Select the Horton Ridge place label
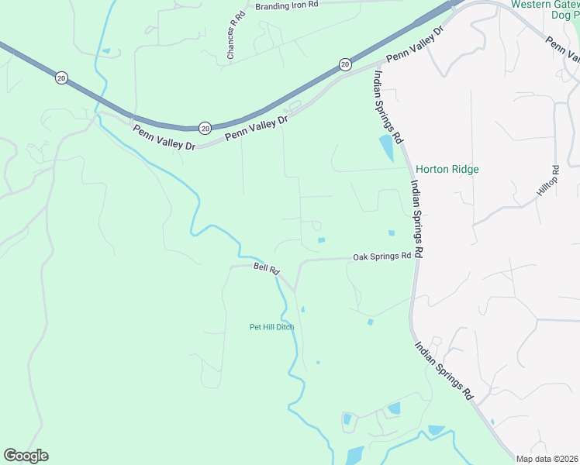pyautogui.click(x=447, y=169)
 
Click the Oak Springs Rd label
pyautogui.click(x=381, y=257)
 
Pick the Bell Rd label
pyautogui.click(x=266, y=267)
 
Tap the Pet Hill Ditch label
pyautogui.click(x=271, y=327)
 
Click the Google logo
pyautogui.click(x=26, y=456)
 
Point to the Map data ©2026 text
pyautogui.click(x=547, y=459)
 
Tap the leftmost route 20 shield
pyautogui.click(x=61, y=77)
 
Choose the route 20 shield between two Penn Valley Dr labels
pyautogui.click(x=205, y=127)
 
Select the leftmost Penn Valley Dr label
pyautogui.click(x=164, y=137)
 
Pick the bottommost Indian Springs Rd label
pyautogui.click(x=444, y=370)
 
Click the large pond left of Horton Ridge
pyautogui.click(x=385, y=147)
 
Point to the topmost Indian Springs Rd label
pyautogui.click(x=388, y=107)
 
